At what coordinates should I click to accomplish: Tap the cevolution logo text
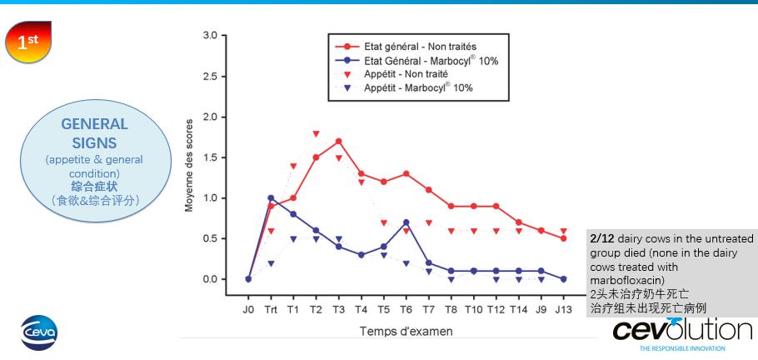point(682,329)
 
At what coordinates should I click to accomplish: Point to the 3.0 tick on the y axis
point(209,36)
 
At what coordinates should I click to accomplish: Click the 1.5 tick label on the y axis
point(209,157)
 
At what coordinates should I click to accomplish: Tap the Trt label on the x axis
point(271,309)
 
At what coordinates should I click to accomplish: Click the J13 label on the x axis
point(563,309)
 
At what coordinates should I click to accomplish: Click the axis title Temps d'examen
point(406,331)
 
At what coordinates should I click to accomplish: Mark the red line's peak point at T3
point(338,141)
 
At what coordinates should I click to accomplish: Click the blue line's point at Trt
point(271,198)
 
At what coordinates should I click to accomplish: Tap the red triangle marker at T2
point(316,133)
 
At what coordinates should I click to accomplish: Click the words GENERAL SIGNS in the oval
point(95,133)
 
